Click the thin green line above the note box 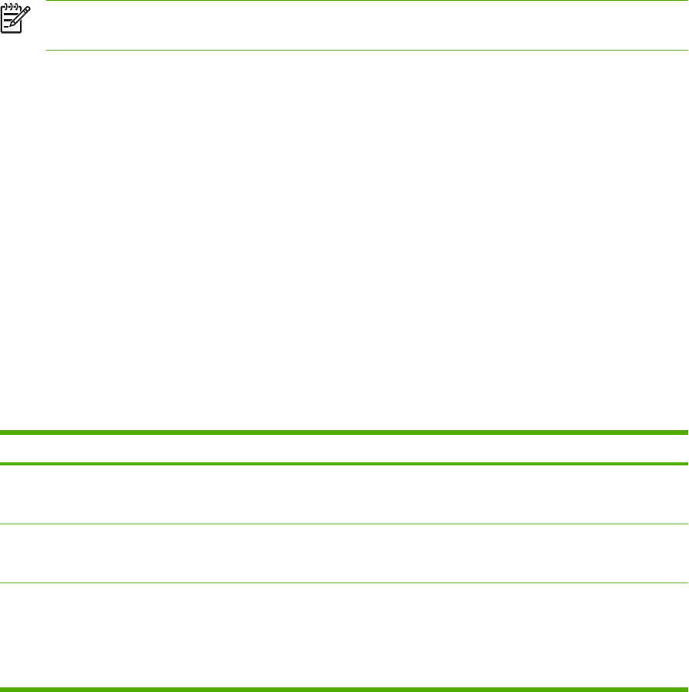pos(344,1)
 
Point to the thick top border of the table pos(344,433)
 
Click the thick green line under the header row pos(344,463)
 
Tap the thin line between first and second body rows pos(344,524)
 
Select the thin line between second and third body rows pos(344,583)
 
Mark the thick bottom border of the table pos(344,688)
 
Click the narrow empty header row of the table pos(344,449)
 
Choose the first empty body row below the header pos(344,494)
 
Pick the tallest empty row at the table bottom pos(344,635)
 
